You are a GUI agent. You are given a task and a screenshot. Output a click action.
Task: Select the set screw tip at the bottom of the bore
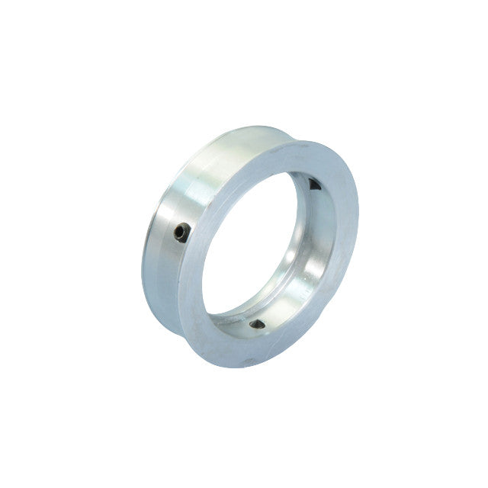258,325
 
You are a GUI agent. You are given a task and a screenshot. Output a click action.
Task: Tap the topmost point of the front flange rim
305,140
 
